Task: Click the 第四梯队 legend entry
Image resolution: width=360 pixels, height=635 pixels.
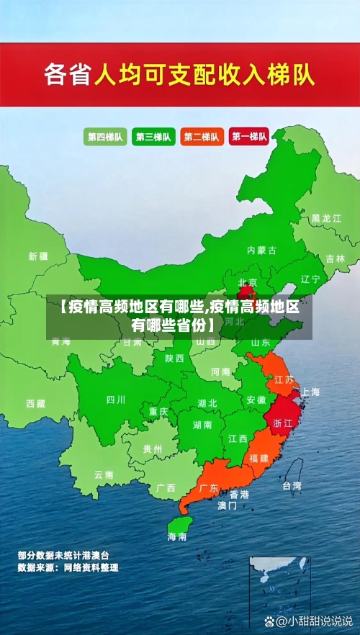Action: click(x=104, y=136)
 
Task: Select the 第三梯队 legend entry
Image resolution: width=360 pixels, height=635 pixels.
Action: click(x=153, y=136)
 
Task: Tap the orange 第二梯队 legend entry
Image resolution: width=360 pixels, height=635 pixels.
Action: click(x=201, y=136)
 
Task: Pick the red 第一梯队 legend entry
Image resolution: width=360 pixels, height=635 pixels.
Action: click(x=249, y=136)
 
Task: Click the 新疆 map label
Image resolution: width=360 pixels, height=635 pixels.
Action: click(x=38, y=256)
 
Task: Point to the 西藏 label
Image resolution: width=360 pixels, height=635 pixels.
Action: click(x=36, y=403)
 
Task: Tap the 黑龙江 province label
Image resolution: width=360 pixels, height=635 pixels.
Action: click(x=326, y=217)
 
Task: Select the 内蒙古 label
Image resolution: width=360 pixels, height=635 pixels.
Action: click(x=261, y=251)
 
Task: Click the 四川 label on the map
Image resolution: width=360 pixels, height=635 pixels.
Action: click(x=116, y=400)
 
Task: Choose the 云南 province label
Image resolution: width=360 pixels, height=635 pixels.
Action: click(x=104, y=474)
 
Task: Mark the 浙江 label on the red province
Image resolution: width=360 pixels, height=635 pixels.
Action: click(x=283, y=424)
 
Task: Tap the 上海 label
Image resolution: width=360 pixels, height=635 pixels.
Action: click(x=310, y=392)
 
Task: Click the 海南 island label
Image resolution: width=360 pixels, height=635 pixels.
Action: click(x=177, y=536)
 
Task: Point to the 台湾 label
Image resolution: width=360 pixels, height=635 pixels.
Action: click(x=292, y=485)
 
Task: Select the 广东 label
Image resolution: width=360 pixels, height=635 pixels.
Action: click(x=208, y=487)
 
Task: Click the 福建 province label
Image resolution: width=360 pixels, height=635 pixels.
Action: click(x=259, y=458)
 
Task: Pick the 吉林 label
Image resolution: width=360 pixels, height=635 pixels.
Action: click(x=336, y=258)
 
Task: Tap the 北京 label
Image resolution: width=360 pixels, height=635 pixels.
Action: click(x=248, y=282)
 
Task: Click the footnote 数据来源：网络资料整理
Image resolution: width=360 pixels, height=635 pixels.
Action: click(x=68, y=567)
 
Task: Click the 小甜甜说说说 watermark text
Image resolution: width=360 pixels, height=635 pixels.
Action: click(x=316, y=620)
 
